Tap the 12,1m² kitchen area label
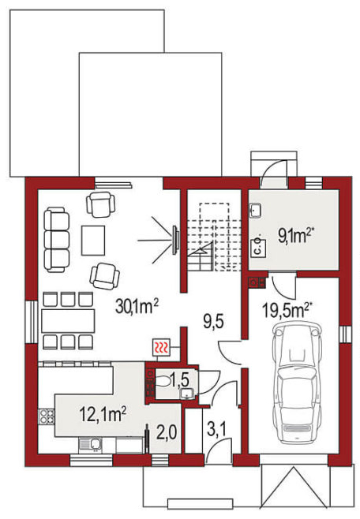(x=103, y=414)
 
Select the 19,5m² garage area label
(x=287, y=310)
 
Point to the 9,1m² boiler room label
(x=296, y=236)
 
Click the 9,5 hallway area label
(x=214, y=321)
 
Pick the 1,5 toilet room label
(x=180, y=380)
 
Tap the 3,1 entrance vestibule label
(x=216, y=430)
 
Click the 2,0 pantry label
(x=167, y=432)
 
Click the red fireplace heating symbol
(x=161, y=348)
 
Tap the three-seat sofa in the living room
(x=57, y=240)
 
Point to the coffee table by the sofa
(x=93, y=241)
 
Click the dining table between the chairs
(x=68, y=321)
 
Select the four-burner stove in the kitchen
(x=47, y=416)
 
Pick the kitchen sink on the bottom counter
(x=91, y=445)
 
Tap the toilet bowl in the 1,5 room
(x=163, y=382)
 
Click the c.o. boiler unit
(x=259, y=247)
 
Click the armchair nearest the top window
(x=101, y=204)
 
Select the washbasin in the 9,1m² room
(x=255, y=211)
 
